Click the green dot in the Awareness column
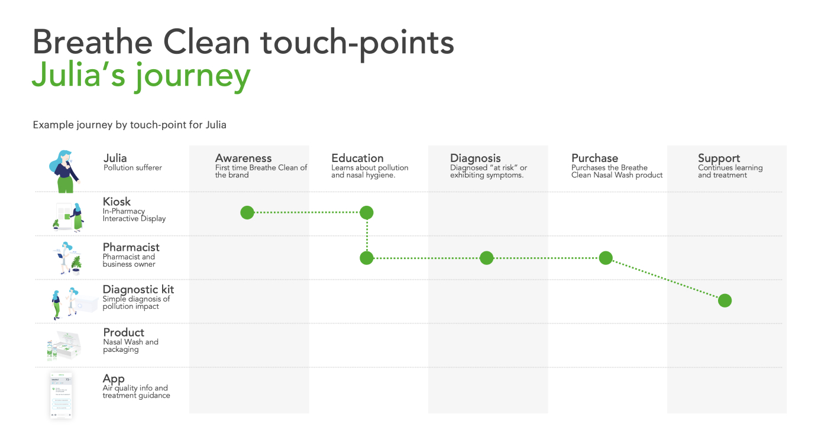[247, 212]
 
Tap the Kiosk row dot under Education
[367, 212]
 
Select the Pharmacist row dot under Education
[367, 258]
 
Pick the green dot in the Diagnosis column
[486, 258]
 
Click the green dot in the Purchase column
[606, 258]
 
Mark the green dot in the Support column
[725, 300]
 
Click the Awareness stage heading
[243, 158]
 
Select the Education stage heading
[357, 158]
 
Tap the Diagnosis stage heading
[476, 158]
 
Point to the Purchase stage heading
[595, 158]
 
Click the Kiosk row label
[117, 202]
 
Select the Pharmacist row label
[131, 247]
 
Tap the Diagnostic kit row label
[138, 290]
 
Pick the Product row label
[124, 332]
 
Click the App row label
[114, 379]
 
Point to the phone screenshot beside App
[61, 395]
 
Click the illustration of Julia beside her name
[64, 172]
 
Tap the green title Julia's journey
[141, 76]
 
